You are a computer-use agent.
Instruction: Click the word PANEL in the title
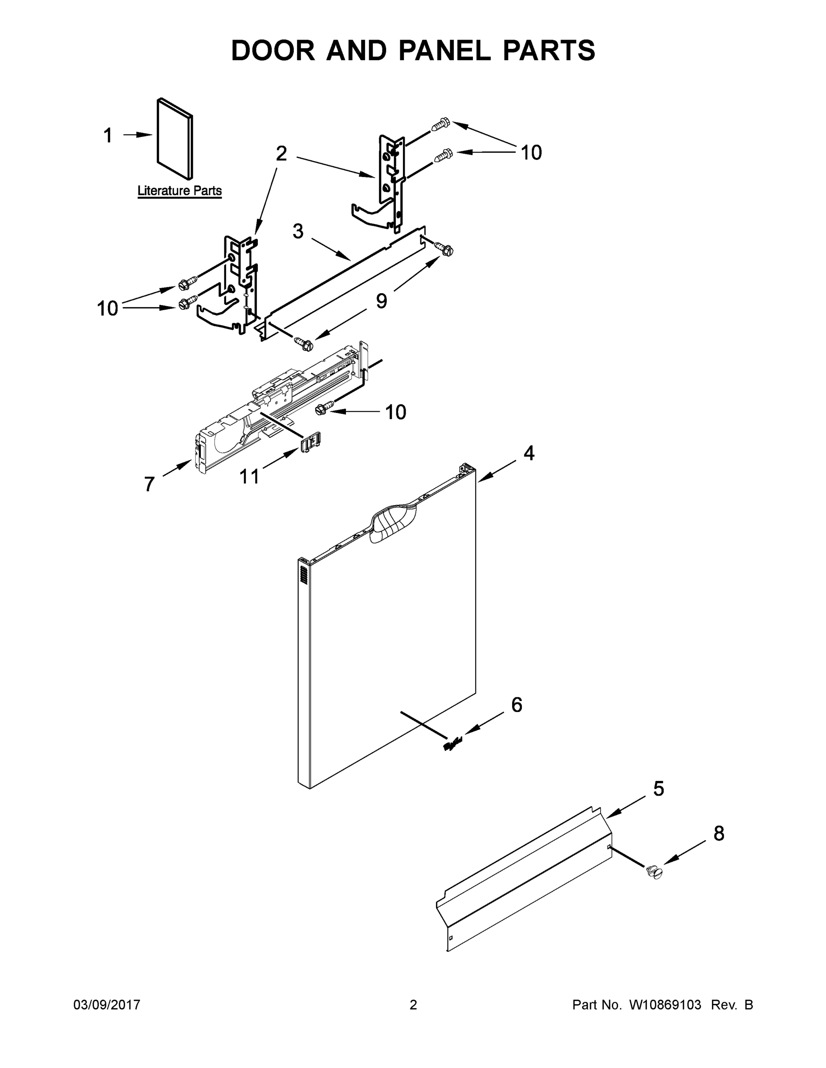(x=444, y=50)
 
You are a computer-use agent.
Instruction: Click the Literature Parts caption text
(x=179, y=191)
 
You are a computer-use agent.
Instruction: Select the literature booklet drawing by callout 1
(x=175, y=138)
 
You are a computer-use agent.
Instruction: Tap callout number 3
(x=298, y=231)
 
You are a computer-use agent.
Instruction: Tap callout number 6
(x=517, y=705)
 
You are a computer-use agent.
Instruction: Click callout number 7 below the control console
(x=149, y=484)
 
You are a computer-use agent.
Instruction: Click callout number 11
(x=249, y=476)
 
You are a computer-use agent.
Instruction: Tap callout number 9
(x=381, y=301)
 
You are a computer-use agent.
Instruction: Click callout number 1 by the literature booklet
(x=108, y=135)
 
